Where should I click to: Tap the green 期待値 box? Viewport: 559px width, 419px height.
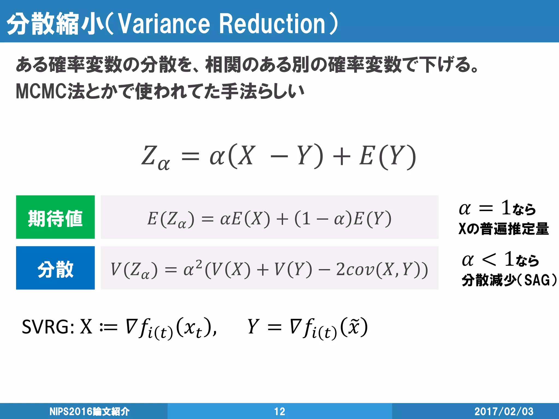click(55, 217)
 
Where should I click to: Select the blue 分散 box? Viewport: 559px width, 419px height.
click(55, 268)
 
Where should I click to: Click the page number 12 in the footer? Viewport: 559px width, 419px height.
click(279, 411)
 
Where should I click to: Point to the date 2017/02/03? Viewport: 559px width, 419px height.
click(504, 411)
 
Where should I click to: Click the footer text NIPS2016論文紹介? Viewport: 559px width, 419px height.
click(89, 411)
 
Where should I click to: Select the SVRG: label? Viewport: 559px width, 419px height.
click(48, 327)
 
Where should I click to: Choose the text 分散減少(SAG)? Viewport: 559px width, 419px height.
click(509, 280)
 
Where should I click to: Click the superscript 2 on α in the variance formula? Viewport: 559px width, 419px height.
click(199, 263)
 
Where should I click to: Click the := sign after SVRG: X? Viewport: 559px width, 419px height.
click(108, 327)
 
